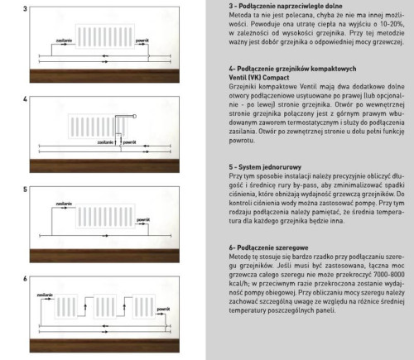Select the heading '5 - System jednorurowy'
(260, 166)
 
